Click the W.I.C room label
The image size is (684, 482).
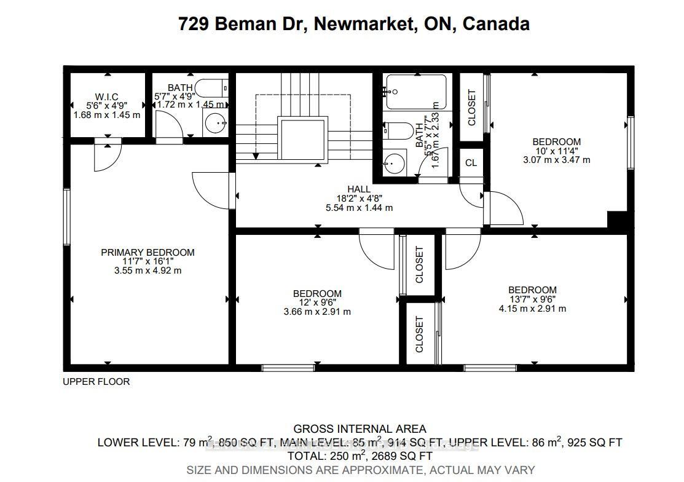106,97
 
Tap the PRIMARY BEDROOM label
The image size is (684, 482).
147,253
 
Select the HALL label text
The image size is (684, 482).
359,189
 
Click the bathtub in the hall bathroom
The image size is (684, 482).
417,92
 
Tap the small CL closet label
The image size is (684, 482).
471,163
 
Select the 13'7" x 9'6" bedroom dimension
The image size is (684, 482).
532,299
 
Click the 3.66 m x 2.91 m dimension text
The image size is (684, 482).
317,312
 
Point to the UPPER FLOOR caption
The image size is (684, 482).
96,382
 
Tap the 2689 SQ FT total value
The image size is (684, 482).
402,456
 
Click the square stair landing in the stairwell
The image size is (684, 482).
301,140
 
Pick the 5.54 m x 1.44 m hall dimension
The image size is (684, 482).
359,208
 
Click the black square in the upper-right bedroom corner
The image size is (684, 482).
616,220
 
